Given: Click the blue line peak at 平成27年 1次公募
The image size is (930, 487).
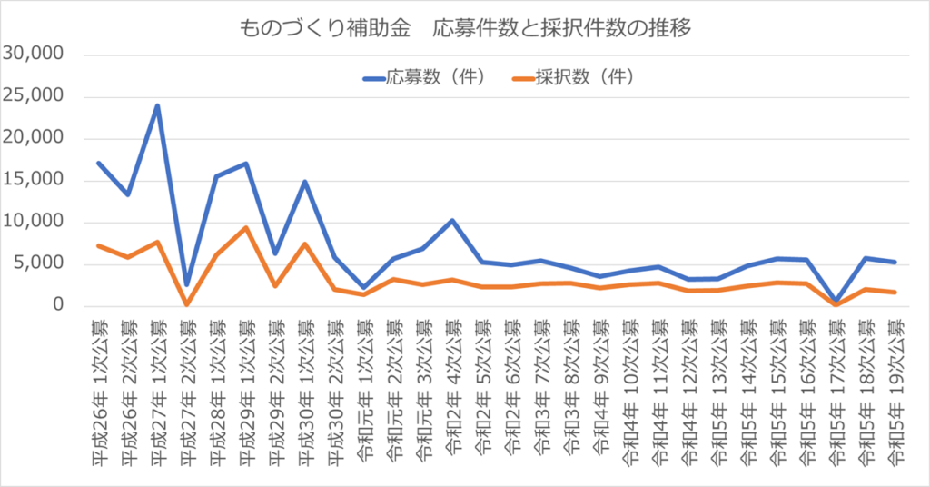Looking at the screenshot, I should [157, 105].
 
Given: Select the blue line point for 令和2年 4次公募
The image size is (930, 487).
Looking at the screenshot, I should [451, 220].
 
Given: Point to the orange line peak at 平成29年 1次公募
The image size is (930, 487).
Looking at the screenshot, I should [245, 227].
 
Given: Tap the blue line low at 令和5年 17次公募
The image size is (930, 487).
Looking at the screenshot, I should [835, 300].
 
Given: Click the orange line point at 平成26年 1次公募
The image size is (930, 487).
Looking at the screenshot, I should [98, 245].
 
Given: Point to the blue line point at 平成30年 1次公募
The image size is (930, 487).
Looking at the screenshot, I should [304, 182].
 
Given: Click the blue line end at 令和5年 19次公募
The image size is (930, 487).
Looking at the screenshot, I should [894, 262].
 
